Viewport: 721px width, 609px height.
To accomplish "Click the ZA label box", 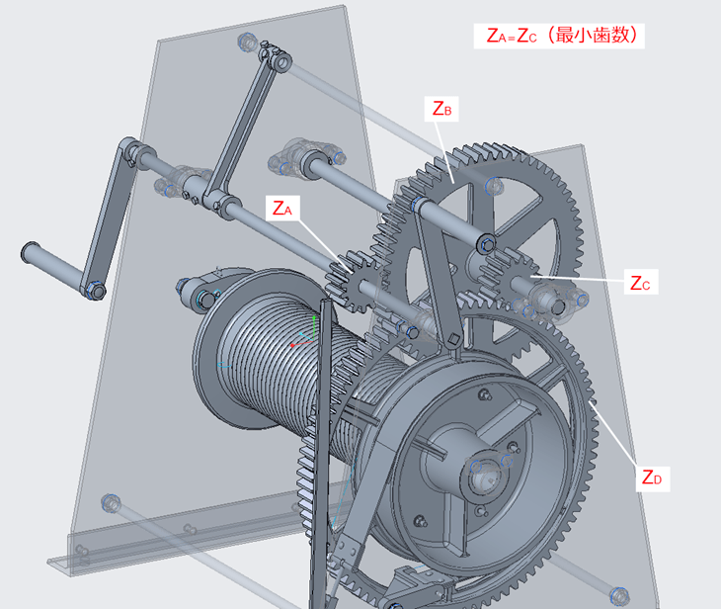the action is (282, 208).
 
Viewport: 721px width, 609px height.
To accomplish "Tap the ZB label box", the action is (441, 109).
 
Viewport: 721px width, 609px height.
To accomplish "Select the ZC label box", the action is (641, 282).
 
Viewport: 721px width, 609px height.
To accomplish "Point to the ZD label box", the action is (653, 478).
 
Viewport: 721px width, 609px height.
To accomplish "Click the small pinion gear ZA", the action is (354, 281).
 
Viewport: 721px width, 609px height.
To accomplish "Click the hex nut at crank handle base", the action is (95, 291).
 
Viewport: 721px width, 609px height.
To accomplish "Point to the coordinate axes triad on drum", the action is (304, 334).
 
